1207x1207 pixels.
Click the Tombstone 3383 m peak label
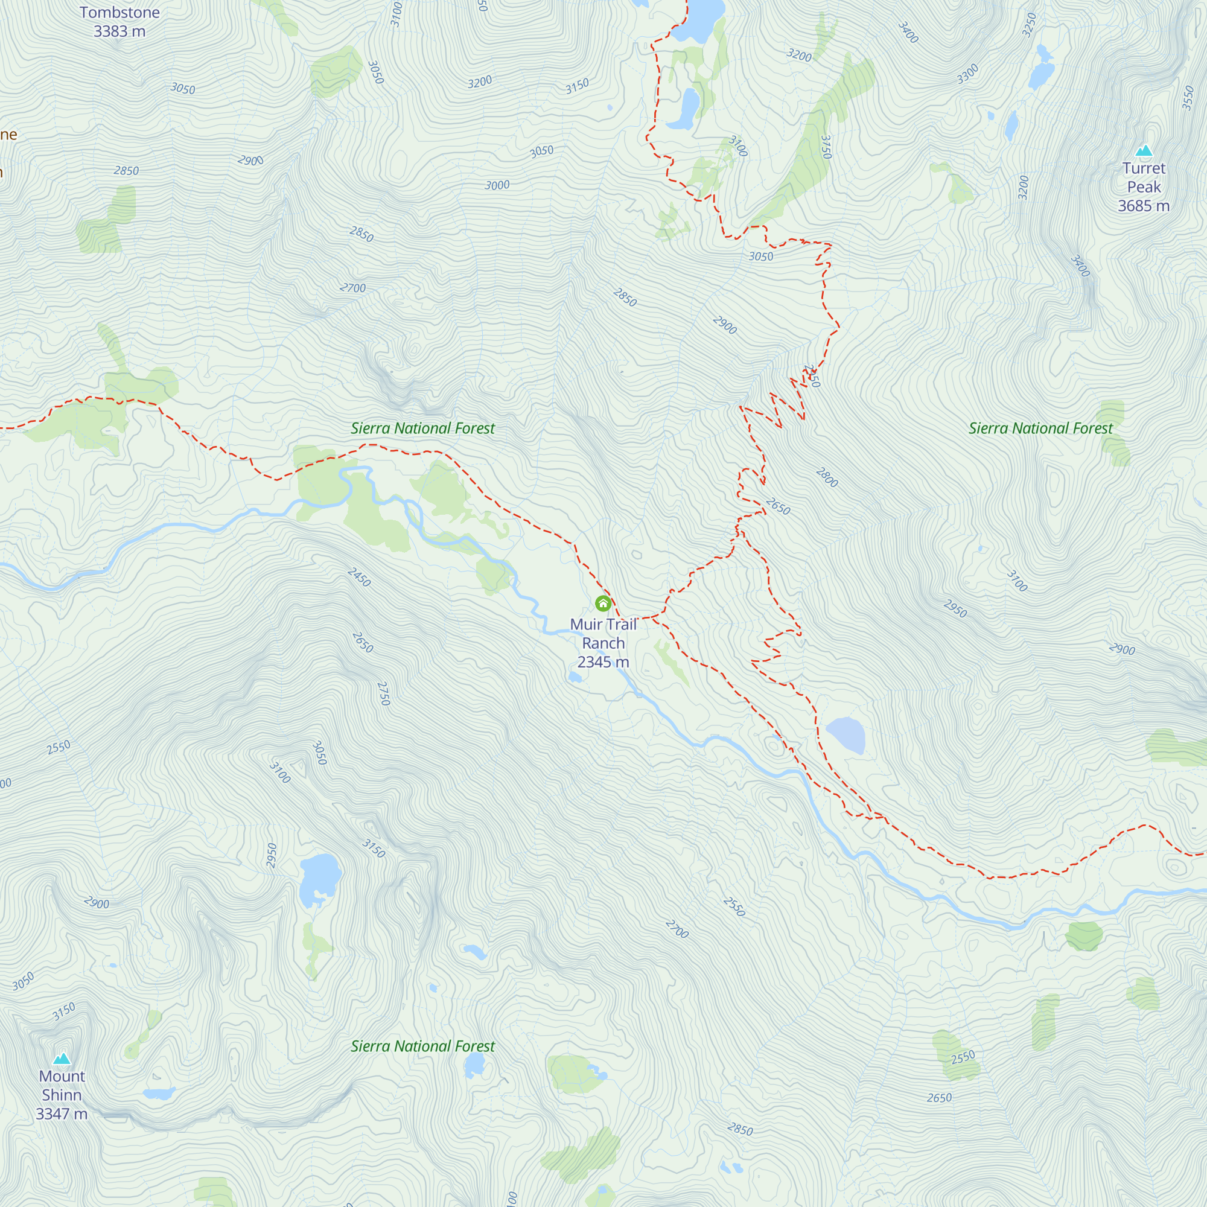[x=119, y=22]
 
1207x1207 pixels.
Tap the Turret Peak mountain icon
[x=1143, y=150]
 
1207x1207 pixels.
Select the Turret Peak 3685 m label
[x=1143, y=187]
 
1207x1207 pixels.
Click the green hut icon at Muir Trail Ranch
[x=603, y=603]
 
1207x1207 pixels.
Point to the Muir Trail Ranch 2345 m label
[x=603, y=643]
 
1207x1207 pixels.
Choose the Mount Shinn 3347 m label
[x=61, y=1095]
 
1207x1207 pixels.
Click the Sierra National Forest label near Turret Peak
[x=1040, y=428]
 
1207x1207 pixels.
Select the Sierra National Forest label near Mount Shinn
[x=422, y=1046]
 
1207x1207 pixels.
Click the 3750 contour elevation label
[x=826, y=147]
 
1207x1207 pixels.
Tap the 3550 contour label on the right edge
[x=1188, y=98]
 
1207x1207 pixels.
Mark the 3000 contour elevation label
[x=497, y=185]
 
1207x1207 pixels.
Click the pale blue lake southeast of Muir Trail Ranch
[x=846, y=734]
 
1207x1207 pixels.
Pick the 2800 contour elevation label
[x=827, y=477]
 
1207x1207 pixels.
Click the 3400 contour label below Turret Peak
[x=1080, y=266]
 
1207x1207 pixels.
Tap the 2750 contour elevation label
[x=384, y=693]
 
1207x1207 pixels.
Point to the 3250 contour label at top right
[x=1030, y=25]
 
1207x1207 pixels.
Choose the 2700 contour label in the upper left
[x=352, y=288]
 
